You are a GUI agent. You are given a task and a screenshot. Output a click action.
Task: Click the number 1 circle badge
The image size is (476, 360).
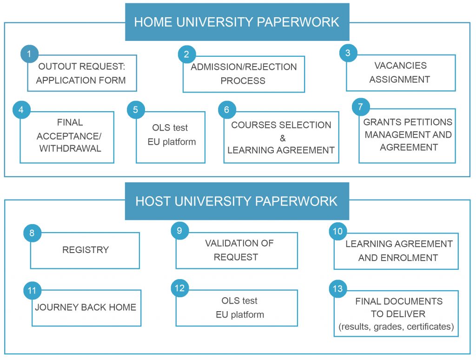[x=29, y=54]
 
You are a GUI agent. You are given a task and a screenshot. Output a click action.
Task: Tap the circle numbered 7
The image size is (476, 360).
[x=361, y=107]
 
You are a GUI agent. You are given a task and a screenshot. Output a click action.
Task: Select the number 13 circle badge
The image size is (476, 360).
[x=337, y=289]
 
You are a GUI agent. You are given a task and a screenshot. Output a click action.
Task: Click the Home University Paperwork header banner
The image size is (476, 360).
[x=237, y=22]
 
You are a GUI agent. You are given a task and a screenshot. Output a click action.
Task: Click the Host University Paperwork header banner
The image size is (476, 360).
[x=237, y=201]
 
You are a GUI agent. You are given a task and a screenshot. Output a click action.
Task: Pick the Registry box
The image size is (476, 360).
[x=85, y=251]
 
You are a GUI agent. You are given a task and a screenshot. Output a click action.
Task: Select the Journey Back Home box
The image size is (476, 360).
[x=86, y=308]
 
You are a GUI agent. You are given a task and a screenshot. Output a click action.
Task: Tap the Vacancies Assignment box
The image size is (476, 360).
[x=400, y=73]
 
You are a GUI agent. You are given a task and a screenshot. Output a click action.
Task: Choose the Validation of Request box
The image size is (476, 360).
[x=236, y=251]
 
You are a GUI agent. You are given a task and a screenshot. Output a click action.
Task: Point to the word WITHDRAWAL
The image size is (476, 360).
[x=70, y=149]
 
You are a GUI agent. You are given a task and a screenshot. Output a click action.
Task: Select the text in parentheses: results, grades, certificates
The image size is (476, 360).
[x=396, y=327]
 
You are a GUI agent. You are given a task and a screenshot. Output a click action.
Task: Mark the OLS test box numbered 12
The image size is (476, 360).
[x=237, y=308]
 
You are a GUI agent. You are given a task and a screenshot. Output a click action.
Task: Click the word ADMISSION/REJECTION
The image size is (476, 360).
[x=244, y=67]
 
